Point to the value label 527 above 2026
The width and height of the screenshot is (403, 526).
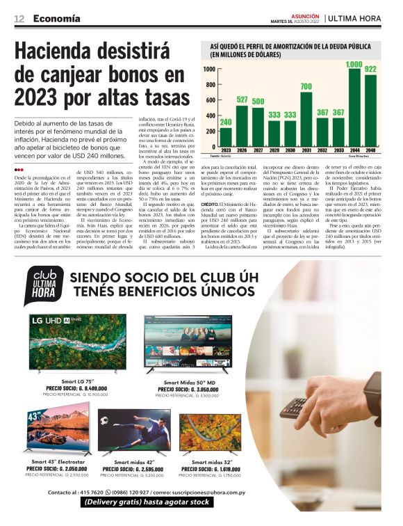[x=242, y=100]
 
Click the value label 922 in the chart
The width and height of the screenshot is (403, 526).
[x=370, y=70]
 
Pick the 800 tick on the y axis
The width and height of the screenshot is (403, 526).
[x=209, y=85]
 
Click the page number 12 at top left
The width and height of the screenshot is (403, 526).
[x=19, y=18]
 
